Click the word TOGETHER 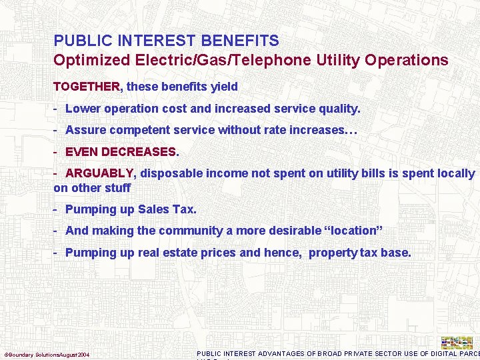tap(87, 87)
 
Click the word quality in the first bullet tap(337, 108)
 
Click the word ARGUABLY tap(100, 173)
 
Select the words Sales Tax tap(166, 209)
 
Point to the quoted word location tap(350, 231)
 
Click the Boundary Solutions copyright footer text tap(47, 354)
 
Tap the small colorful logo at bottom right tap(457, 343)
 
